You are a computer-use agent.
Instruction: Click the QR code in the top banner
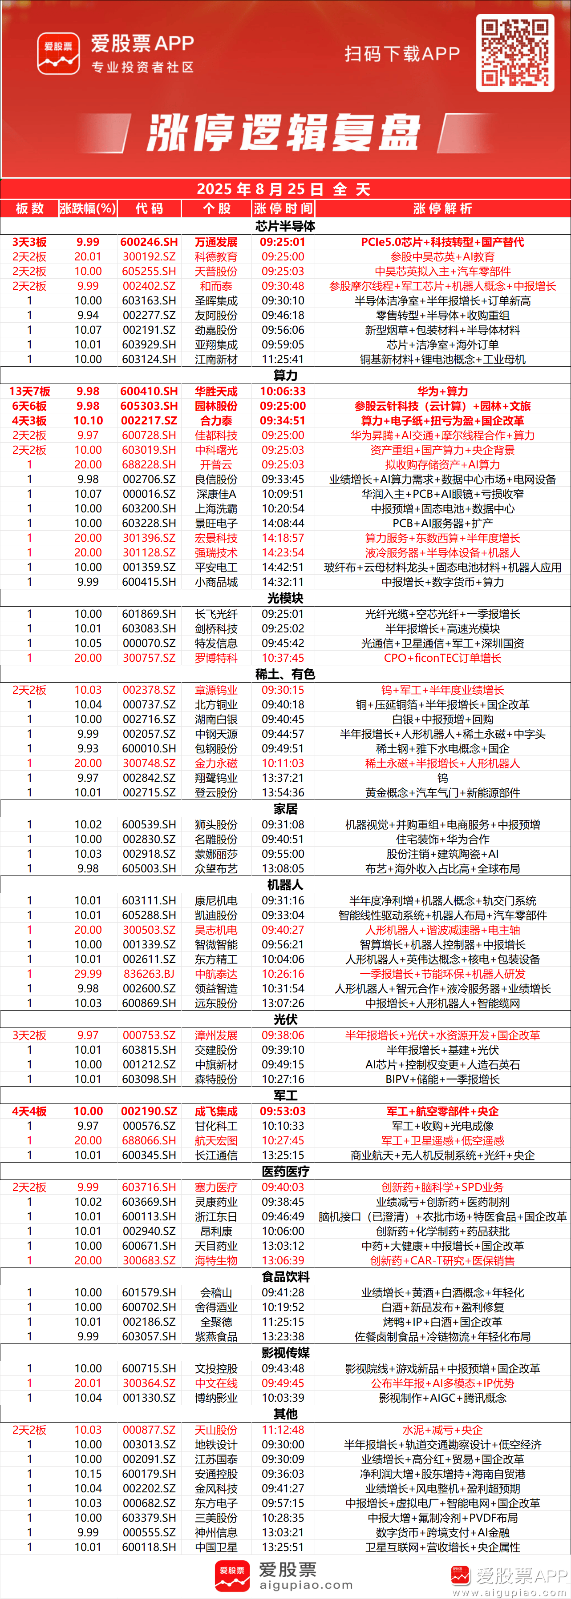coord(514,53)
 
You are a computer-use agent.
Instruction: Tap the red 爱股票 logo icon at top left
coord(58,53)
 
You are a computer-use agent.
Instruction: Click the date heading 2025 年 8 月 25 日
coord(260,189)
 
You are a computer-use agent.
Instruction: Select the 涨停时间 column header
coord(283,208)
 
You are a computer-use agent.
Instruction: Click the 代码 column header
coord(149,208)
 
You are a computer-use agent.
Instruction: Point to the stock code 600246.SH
coord(149,242)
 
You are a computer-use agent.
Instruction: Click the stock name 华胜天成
coord(216,392)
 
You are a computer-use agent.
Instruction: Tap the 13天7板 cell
coord(29,392)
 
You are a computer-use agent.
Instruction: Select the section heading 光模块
coord(285,598)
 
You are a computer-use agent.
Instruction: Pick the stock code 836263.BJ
coord(149,974)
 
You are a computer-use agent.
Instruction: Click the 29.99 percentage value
coord(88,974)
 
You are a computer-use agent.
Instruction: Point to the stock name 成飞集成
coord(216,1111)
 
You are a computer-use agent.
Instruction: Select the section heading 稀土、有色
coord(285,674)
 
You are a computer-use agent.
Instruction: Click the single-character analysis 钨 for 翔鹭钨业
coord(442,778)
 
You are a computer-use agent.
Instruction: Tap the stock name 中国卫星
coord(216,1547)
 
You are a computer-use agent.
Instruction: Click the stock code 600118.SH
coord(149,1547)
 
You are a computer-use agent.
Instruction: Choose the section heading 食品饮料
coord(285,1277)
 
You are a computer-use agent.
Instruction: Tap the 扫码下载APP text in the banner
coord(402,54)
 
